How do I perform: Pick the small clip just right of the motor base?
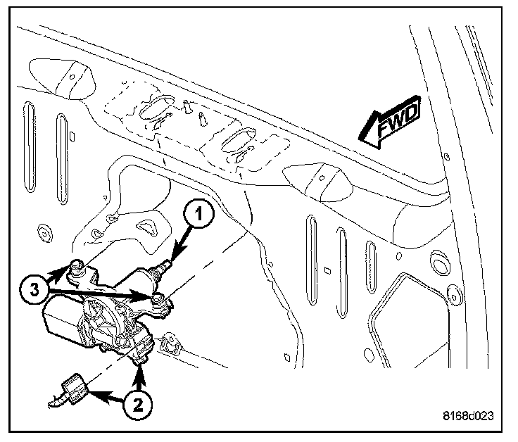(168, 344)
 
